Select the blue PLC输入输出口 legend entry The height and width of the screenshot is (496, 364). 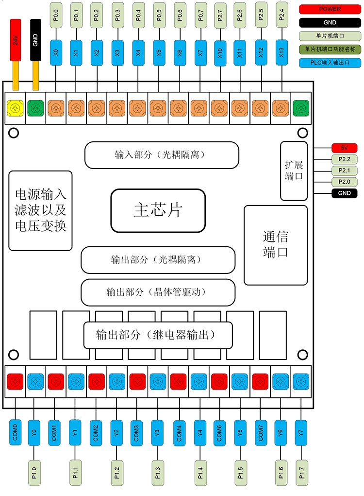coord(330,63)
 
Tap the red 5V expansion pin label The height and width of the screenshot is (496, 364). coord(344,148)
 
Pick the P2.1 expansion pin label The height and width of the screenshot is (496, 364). coord(344,171)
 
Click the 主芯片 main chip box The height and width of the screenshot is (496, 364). coord(158,210)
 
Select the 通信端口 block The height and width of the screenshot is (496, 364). coord(275,245)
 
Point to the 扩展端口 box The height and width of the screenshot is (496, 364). coord(294,171)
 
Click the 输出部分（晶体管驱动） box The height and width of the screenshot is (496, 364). coord(158,292)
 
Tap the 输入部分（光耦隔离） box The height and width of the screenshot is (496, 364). coord(162,155)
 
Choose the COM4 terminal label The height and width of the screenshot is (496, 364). coord(179,432)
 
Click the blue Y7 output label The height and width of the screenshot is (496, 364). coord(301,432)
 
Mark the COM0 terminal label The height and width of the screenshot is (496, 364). coord(15,432)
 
